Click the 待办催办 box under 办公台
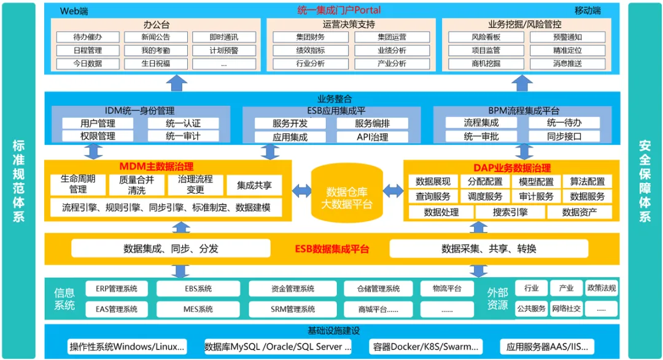[x=87, y=37]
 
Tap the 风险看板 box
[x=486, y=37]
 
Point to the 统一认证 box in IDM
[x=183, y=123]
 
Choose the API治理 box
[x=372, y=137]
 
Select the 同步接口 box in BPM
[x=564, y=136]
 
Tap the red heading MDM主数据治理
[x=156, y=166]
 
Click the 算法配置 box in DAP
[x=587, y=181]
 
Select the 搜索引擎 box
[x=510, y=212]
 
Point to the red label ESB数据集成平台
[x=330, y=249]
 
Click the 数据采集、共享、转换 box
[x=488, y=249]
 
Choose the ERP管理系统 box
[x=117, y=288]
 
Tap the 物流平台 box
[x=446, y=288]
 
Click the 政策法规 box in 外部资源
[x=601, y=288]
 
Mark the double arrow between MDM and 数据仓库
[x=301, y=190]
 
